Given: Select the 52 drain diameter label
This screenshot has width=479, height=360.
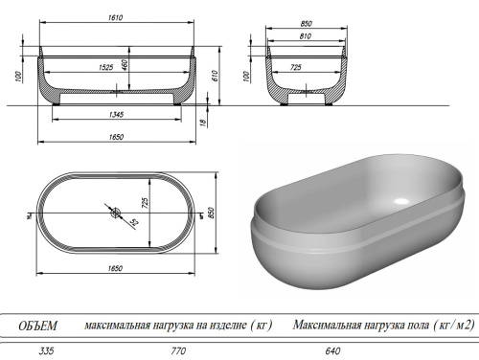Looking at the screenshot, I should click(x=132, y=223).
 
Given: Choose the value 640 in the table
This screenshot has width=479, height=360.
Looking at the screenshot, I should click(x=332, y=350).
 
